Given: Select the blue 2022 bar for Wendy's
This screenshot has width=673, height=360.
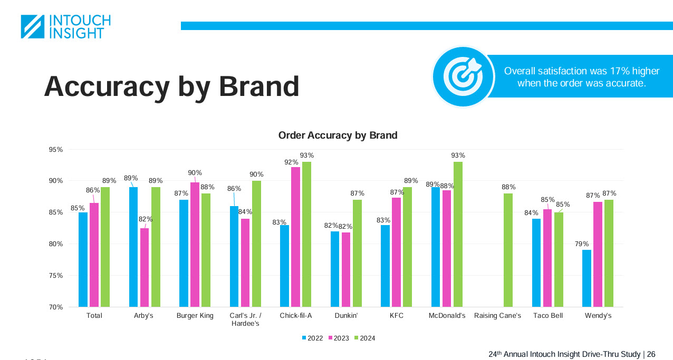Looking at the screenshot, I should tap(587, 278).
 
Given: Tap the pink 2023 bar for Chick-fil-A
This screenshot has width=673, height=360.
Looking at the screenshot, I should tap(295, 237).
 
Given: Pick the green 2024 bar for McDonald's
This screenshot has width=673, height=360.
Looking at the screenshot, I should tap(458, 235).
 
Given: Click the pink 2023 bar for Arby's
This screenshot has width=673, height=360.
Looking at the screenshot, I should tap(144, 267).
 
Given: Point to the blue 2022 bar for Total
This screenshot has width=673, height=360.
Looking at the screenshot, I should tap(83, 259).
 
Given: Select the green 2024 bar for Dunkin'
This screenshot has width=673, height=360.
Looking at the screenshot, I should tap(357, 253).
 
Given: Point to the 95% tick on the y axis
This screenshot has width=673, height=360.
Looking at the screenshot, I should tap(55, 150).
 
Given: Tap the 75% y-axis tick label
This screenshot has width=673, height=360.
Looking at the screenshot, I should tap(55, 276).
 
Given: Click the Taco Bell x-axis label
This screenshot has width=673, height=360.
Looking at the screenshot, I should tap(547, 316).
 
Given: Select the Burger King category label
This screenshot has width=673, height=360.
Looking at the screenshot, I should tap(195, 316).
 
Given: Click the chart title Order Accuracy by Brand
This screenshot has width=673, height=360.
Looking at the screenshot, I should tap(338, 135).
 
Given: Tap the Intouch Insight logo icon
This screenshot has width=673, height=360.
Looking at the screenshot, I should tap(33, 26).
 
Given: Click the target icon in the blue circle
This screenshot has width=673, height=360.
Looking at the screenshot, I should tap(463, 76).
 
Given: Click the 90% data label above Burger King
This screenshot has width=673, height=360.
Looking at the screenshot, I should tap(195, 173).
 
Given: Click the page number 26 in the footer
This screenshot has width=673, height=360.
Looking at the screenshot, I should tap(651, 354).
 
